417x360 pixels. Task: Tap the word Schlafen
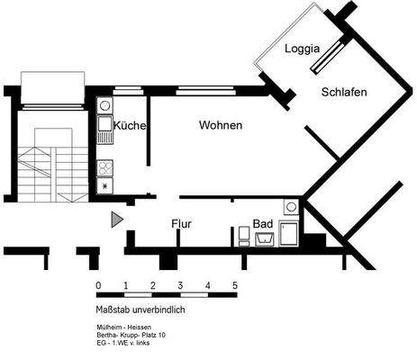(344, 93)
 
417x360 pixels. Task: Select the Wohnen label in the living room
(221, 126)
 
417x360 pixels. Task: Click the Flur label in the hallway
(182, 223)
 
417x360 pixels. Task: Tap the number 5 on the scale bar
(235, 285)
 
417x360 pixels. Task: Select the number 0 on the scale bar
(97, 285)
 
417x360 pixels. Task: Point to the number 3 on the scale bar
(180, 285)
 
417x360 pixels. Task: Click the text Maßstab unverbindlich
(141, 310)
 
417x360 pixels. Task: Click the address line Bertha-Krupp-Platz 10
(132, 337)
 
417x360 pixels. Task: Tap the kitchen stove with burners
(105, 167)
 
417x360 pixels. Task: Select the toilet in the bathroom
(244, 237)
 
